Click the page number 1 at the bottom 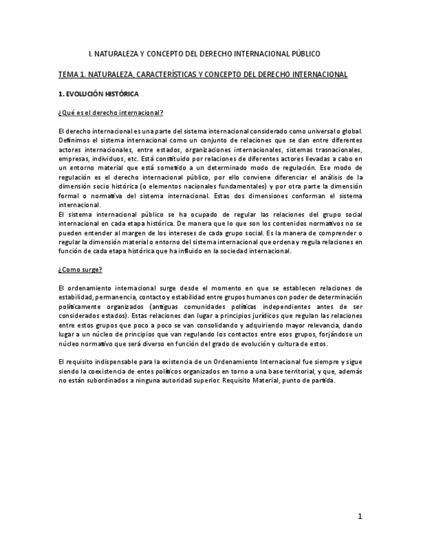tap(361, 515)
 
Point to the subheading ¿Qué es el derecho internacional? tap(111, 113)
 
